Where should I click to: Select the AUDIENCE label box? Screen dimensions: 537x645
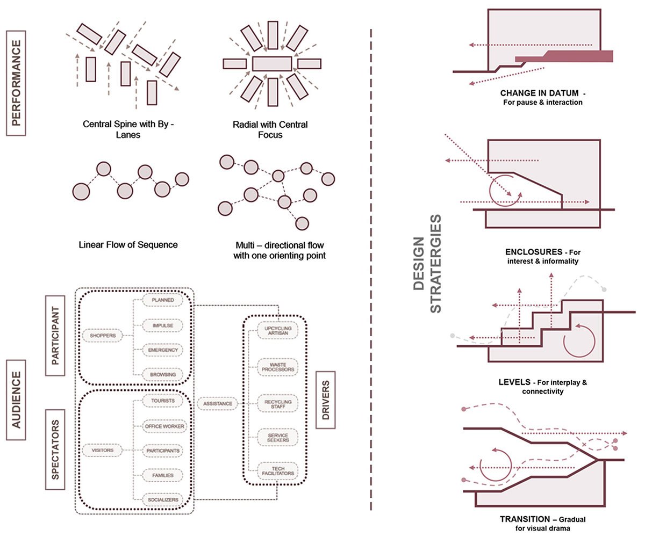pos(16,399)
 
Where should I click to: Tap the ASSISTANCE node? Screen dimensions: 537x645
pos(218,403)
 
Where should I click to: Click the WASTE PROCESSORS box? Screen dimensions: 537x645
pos(277,367)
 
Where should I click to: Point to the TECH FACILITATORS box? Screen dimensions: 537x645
pos(277,470)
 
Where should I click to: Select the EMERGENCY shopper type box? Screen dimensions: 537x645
pos(162,350)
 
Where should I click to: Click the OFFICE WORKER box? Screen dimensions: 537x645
pos(164,426)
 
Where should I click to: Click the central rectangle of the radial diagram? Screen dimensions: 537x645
pos(272,64)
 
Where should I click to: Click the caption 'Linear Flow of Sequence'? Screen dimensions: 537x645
pos(128,245)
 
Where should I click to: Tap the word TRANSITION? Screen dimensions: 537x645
pos(522,519)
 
